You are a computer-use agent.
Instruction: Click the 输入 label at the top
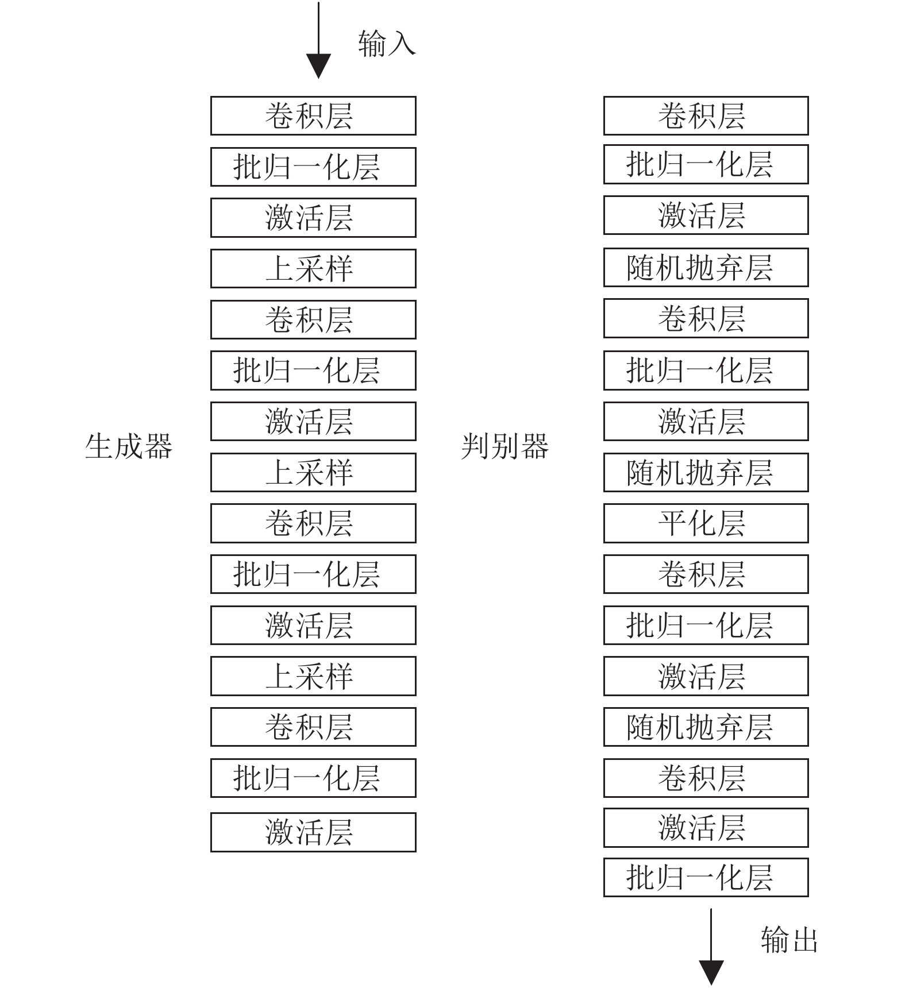click(x=387, y=43)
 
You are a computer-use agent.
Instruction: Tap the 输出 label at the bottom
click(x=789, y=940)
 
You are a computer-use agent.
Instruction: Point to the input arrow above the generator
click(x=318, y=40)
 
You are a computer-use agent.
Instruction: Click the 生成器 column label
click(x=129, y=446)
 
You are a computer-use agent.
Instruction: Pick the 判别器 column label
click(x=505, y=446)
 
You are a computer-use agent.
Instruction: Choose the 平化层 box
click(x=706, y=523)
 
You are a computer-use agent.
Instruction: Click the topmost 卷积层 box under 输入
click(x=313, y=115)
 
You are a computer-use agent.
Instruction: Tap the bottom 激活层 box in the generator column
click(x=313, y=832)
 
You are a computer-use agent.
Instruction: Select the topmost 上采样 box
click(x=313, y=268)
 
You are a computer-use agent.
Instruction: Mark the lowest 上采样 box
click(x=313, y=676)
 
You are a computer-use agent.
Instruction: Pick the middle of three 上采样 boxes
click(x=313, y=472)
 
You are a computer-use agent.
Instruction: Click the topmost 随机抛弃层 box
click(x=706, y=267)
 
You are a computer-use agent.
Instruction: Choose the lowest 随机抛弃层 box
click(x=706, y=727)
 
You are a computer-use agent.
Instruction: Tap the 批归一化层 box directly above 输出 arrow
click(x=706, y=877)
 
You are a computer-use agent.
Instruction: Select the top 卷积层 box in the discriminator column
click(x=706, y=115)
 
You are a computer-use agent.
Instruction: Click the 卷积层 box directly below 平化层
click(x=706, y=574)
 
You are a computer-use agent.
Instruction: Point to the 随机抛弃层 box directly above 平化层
click(x=706, y=472)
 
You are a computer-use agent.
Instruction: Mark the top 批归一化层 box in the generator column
click(x=313, y=167)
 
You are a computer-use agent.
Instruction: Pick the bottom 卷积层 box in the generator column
click(x=313, y=727)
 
